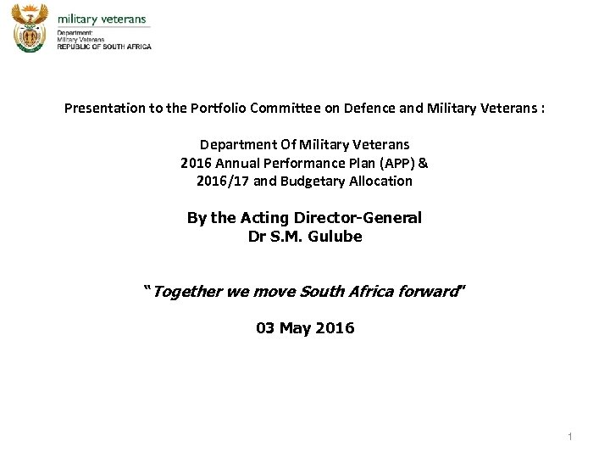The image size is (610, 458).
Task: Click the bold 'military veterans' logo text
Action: (102, 19)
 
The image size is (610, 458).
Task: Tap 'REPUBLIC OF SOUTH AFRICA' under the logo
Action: (104, 47)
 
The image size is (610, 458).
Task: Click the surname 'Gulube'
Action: (335, 237)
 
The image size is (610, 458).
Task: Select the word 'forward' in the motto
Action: (432, 292)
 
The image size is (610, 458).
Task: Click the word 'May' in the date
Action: (296, 328)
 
